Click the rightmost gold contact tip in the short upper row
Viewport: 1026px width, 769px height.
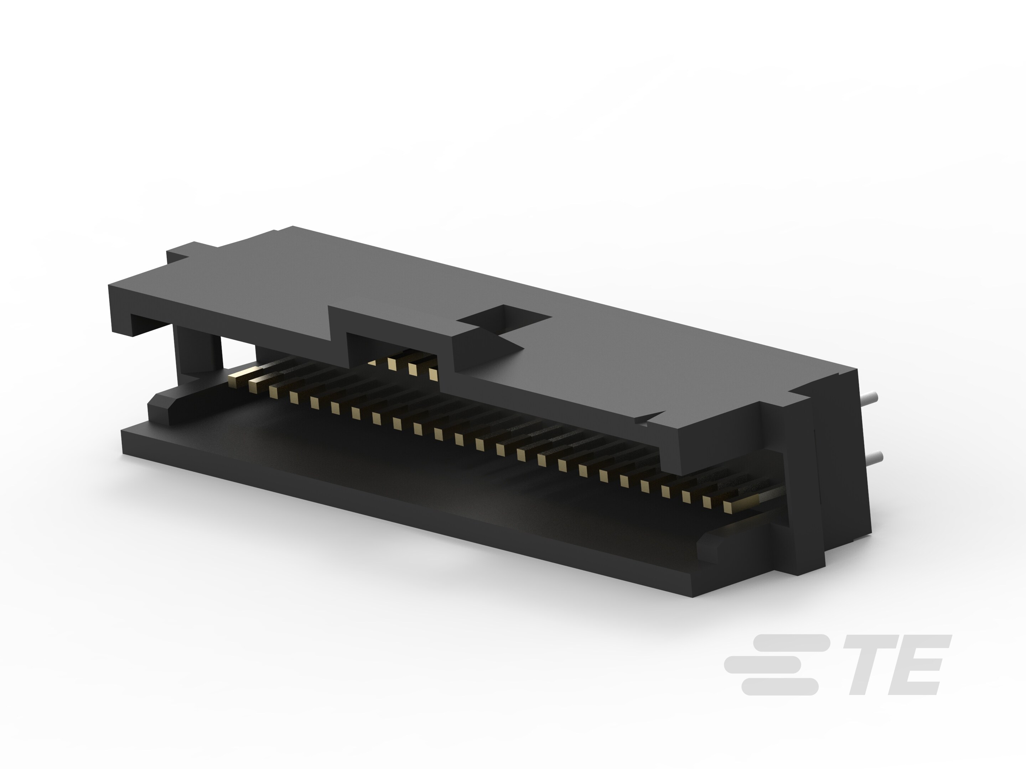[x=433, y=373]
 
